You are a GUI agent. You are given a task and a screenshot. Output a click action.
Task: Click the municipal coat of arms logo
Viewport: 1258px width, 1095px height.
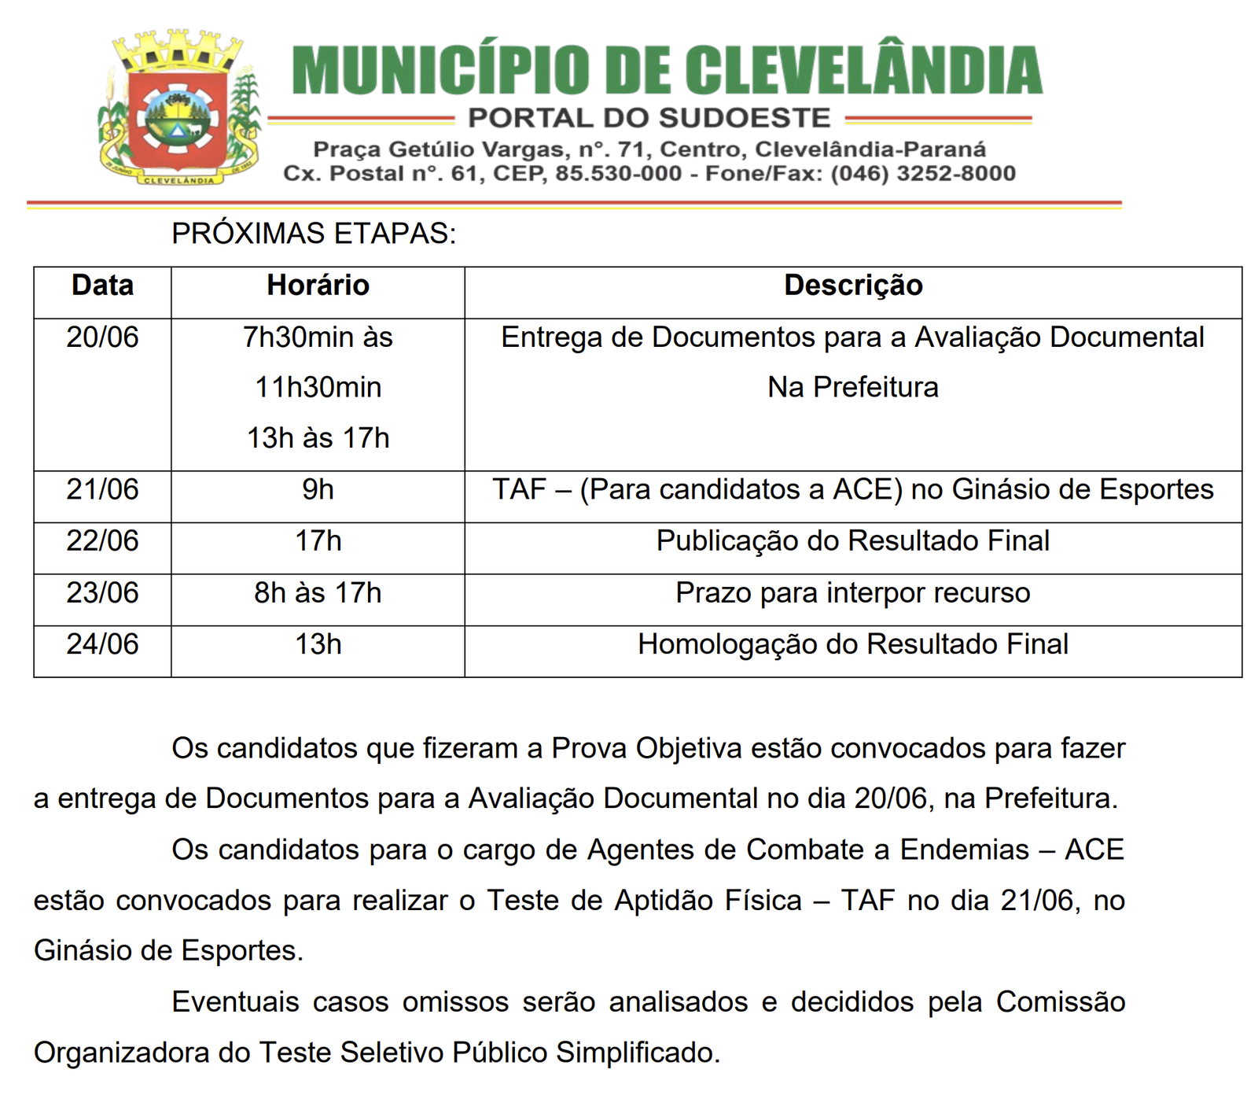pyautogui.click(x=179, y=109)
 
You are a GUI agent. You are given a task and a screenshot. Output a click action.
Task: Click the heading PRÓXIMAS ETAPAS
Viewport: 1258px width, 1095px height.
pyautogui.click(x=314, y=234)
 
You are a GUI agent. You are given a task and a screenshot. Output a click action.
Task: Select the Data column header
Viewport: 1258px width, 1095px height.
pyautogui.click(x=102, y=286)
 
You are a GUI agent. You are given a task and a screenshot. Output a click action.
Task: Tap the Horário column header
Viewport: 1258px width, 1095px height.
pyautogui.click(x=318, y=286)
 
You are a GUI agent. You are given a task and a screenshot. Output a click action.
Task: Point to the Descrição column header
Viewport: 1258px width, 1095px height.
pyautogui.click(x=853, y=286)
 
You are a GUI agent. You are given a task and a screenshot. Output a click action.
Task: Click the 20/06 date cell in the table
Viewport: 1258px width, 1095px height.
pyautogui.click(x=102, y=337)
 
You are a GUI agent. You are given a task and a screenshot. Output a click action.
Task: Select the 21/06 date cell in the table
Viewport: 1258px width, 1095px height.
pyautogui.click(x=102, y=489)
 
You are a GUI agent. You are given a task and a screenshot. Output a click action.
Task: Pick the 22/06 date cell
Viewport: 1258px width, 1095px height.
pyautogui.click(x=102, y=541)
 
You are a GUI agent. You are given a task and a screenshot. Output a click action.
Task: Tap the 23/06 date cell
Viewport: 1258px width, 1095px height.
pyautogui.click(x=102, y=593)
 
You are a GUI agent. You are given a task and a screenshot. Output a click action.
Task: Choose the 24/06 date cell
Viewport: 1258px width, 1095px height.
pyautogui.click(x=102, y=644)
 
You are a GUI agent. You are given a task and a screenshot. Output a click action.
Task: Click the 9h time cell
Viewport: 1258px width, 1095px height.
pyautogui.click(x=318, y=489)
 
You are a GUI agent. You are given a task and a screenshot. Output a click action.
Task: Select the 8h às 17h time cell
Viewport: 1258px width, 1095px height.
pyautogui.click(x=318, y=593)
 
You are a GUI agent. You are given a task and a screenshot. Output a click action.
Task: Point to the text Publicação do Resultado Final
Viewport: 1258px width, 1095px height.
pyautogui.click(x=853, y=541)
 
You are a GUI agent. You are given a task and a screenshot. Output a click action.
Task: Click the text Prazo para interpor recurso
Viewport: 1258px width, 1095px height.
pyautogui.click(x=853, y=593)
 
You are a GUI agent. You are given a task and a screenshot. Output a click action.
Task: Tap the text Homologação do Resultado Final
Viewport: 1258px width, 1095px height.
pyautogui.click(x=853, y=644)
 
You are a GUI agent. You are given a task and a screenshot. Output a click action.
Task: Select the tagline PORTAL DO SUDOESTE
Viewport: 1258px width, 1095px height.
pyautogui.click(x=649, y=118)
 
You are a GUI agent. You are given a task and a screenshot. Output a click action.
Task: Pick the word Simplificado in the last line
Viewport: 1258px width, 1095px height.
pyautogui.click(x=638, y=1053)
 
